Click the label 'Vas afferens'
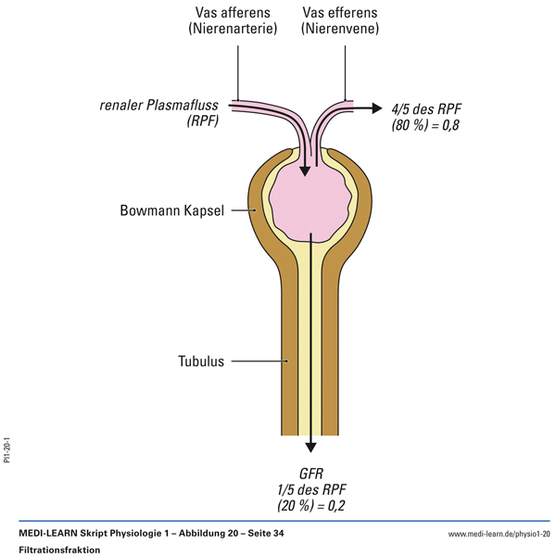pyautogui.click(x=233, y=14)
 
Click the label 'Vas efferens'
pyautogui.click(x=342, y=14)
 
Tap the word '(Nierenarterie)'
pyautogui.click(x=233, y=30)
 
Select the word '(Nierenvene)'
pyautogui.click(x=342, y=30)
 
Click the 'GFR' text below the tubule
pyautogui.click(x=310, y=472)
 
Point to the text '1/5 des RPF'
pyautogui.click(x=310, y=488)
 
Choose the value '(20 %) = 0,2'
pyautogui.click(x=310, y=505)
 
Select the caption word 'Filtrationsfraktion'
pyautogui.click(x=57, y=550)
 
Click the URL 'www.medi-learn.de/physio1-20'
pyautogui.click(x=499, y=535)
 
